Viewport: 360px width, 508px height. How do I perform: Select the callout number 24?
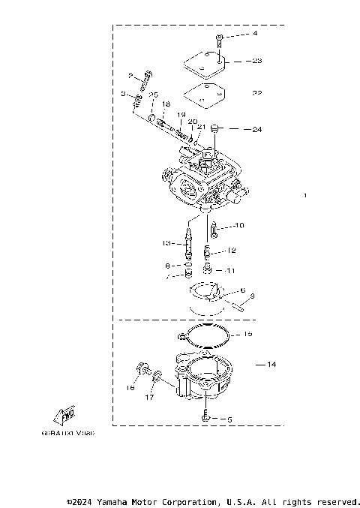coord(256,129)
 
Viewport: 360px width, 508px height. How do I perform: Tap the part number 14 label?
coord(271,364)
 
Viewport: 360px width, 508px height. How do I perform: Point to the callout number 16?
coord(130,389)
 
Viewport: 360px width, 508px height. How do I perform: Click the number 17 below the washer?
coord(148,398)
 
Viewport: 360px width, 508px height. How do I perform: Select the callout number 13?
coord(167,243)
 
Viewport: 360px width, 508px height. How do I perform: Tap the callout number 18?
coord(166,104)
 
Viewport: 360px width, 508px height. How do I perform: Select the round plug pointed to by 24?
coord(215,128)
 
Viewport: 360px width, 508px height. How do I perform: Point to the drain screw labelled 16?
coord(140,368)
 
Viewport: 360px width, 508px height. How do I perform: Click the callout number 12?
coord(231,251)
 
